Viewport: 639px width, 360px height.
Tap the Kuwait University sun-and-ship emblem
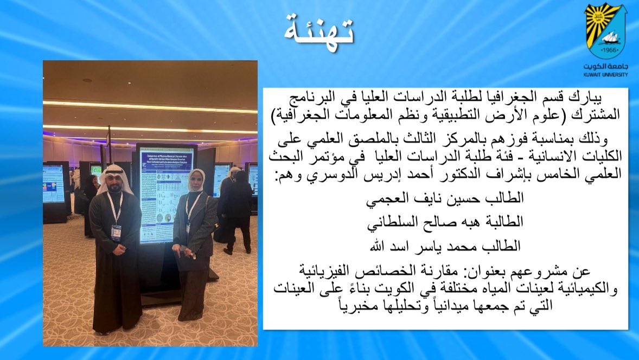[x=606, y=31]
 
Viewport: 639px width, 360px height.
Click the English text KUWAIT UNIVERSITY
[x=606, y=75]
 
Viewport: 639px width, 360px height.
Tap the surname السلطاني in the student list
[x=392, y=222]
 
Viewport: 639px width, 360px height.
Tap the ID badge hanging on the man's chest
[x=116, y=232]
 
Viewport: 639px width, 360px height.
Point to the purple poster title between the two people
[x=167, y=157]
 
